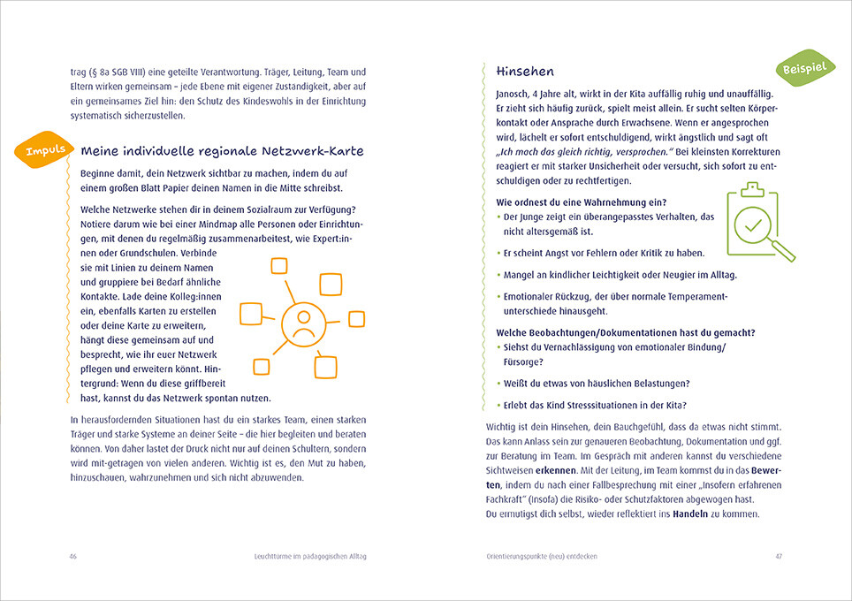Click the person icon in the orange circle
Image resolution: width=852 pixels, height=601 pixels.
(303, 323)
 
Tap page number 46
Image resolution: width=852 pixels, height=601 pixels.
(72, 556)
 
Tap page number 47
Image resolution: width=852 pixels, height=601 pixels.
(779, 556)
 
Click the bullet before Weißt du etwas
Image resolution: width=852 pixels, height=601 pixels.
(498, 384)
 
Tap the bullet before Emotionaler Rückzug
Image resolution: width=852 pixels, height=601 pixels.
(498, 297)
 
